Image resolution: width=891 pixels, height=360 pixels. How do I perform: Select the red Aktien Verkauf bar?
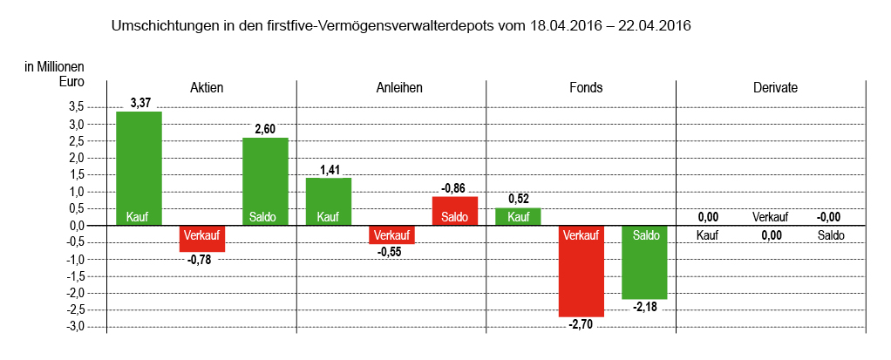[202, 238]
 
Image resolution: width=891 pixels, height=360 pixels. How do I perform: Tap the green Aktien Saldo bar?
[265, 181]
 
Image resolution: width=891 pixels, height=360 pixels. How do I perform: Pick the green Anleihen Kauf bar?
[328, 201]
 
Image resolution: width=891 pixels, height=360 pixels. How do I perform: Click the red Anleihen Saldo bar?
[454, 210]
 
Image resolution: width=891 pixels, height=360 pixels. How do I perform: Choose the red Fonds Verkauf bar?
[581, 271]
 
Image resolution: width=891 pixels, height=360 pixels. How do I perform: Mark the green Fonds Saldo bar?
[644, 262]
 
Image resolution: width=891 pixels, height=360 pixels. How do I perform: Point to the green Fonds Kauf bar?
[518, 216]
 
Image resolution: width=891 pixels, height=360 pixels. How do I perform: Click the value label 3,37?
[140, 103]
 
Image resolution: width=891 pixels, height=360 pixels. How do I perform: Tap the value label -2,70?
[581, 324]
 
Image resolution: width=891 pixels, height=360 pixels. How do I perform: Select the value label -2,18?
[644, 307]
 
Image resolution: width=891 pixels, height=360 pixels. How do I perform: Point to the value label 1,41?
[328, 170]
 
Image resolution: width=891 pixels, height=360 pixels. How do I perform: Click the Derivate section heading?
[775, 88]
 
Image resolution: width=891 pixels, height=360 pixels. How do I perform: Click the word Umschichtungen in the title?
[165, 26]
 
